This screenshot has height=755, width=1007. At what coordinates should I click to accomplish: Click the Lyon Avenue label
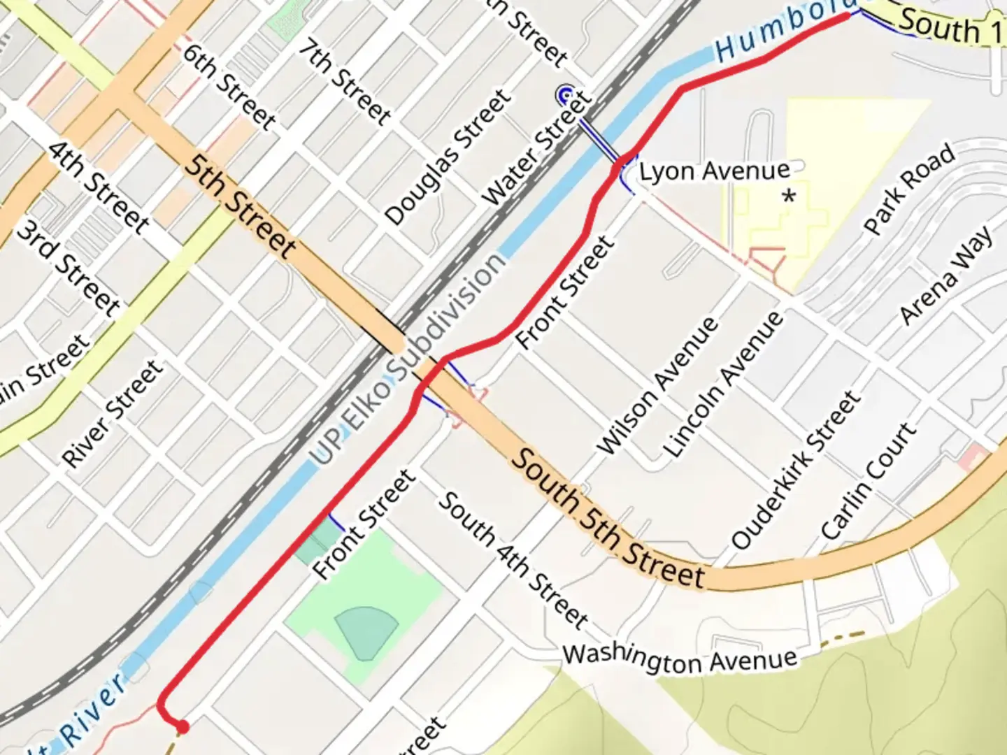[715, 171]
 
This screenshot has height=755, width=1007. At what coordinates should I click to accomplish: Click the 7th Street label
[345, 82]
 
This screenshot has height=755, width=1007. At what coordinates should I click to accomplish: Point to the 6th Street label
[229, 85]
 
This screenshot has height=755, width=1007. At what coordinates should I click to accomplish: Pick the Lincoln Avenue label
[724, 384]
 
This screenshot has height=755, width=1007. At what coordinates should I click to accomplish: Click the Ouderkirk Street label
[795, 469]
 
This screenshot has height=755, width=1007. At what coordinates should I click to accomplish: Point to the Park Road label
[909, 188]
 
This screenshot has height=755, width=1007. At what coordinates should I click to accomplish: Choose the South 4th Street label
[513, 559]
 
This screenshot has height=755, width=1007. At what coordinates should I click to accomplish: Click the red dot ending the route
[183, 727]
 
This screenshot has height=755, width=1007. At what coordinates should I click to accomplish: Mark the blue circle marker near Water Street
[565, 94]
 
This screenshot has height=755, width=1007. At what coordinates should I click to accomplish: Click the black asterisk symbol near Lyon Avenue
[790, 196]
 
